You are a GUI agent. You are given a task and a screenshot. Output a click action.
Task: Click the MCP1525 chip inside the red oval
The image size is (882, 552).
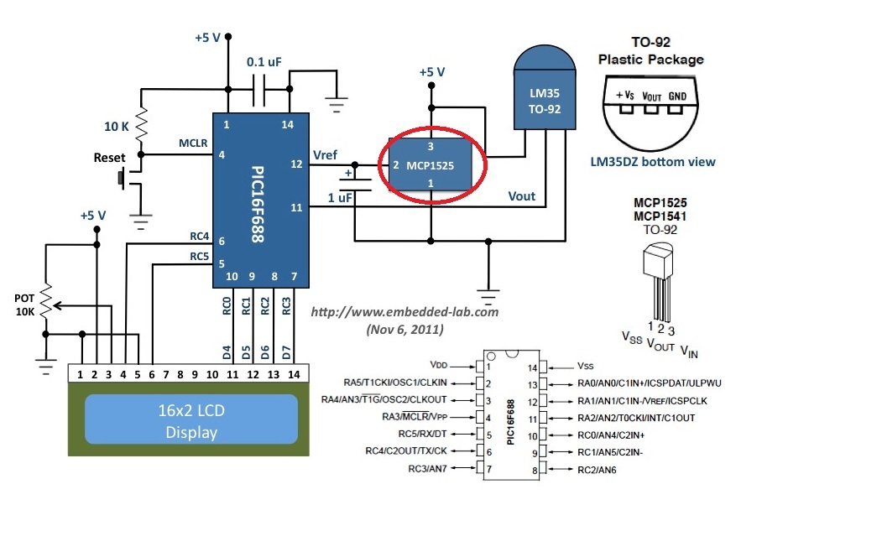[x=431, y=165]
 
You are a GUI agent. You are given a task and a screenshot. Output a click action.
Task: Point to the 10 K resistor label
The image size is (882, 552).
[x=116, y=127]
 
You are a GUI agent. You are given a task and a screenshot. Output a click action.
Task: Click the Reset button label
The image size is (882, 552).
[x=109, y=158]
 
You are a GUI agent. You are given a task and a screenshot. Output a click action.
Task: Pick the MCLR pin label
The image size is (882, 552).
[x=193, y=143]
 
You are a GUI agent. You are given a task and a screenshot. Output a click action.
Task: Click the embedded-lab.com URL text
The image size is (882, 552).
[x=404, y=311]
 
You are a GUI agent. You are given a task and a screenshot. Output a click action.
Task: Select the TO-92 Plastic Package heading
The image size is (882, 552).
[x=650, y=50]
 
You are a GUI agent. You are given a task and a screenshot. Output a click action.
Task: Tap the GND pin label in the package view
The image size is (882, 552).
[x=677, y=96]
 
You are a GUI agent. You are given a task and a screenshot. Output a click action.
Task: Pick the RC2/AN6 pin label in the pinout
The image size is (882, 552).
[x=597, y=470]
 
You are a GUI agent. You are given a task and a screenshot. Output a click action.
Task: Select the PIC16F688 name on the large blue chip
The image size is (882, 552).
[x=258, y=201]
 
